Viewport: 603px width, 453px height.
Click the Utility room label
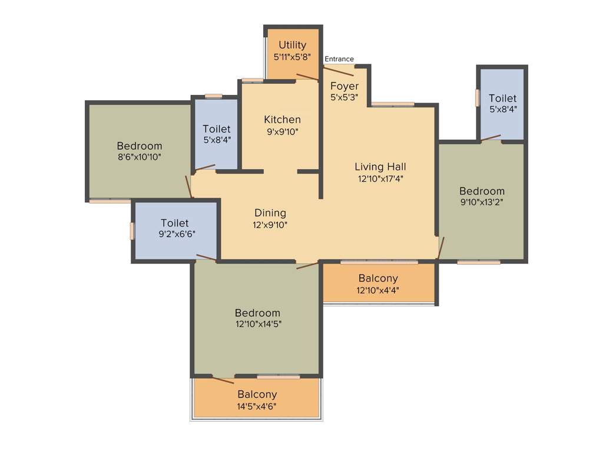[292, 45]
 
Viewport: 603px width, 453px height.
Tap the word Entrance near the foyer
[339, 59]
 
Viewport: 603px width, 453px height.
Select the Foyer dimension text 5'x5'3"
[344, 97]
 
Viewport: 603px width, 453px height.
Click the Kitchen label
[282, 120]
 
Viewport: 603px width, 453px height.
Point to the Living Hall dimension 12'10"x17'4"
[380, 178]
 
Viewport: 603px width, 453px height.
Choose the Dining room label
[270, 213]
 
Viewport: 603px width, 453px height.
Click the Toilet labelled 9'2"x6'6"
[175, 223]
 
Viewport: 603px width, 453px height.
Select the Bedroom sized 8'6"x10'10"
[139, 146]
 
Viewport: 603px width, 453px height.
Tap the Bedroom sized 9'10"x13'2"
[482, 191]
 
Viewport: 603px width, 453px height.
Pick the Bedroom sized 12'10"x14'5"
[257, 313]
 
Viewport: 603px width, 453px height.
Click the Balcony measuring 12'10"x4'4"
[378, 278]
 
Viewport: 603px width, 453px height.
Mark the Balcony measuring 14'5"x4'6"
[257, 395]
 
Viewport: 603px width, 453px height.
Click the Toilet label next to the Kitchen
[217, 129]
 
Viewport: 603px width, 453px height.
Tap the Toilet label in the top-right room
[502, 98]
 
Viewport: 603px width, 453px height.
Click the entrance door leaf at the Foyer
[339, 71]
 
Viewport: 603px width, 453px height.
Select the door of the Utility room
[307, 77]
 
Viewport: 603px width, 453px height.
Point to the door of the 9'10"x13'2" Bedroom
[441, 248]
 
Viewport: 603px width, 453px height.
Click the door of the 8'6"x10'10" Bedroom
[188, 186]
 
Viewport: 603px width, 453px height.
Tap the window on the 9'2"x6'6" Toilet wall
[132, 231]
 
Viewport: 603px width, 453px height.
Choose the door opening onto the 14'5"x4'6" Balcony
[223, 379]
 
